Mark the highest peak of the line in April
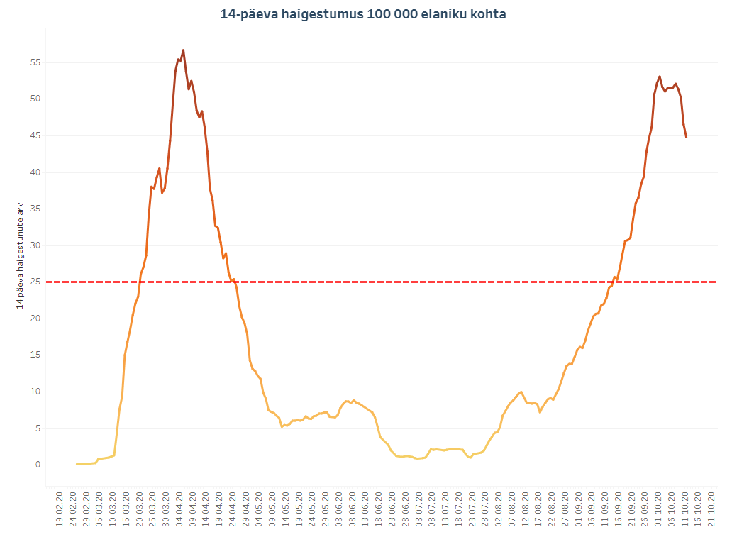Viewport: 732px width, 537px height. [x=183, y=50]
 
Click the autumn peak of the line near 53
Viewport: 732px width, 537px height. [x=660, y=77]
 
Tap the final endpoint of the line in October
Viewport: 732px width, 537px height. [x=686, y=137]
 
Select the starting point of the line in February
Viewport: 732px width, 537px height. [x=77, y=464]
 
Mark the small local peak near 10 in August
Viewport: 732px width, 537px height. [x=521, y=392]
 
